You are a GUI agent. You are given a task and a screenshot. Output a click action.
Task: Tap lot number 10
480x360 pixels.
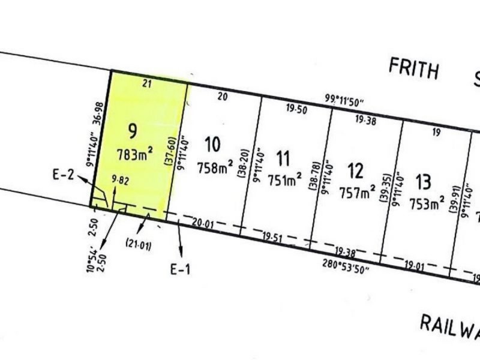pos(212,145)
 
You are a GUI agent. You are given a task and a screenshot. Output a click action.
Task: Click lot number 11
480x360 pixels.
pos(284,158)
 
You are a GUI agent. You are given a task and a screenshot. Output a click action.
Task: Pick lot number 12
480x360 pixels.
pos(356,172)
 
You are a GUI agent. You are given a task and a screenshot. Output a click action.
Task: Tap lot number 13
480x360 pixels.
pos(423,180)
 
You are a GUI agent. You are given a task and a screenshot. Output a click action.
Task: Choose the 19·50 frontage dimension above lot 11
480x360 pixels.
pos(296,109)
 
